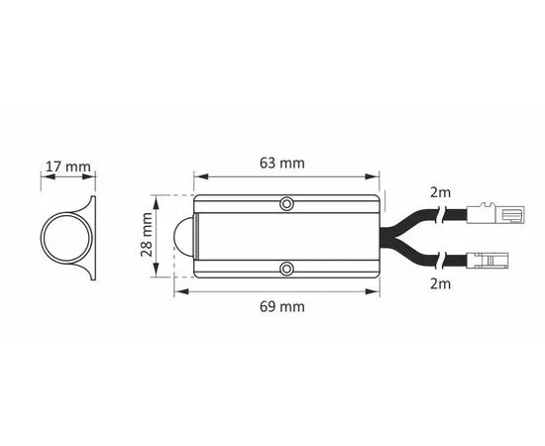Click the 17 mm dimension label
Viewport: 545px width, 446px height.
68,167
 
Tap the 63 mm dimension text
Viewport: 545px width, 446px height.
281,163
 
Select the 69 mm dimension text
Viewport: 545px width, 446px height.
281,306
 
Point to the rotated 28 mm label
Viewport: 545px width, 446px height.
147,234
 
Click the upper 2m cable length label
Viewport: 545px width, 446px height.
440,192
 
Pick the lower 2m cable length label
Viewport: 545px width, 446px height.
440,284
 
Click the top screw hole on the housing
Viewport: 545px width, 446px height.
286,204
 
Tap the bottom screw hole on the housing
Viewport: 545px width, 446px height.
286,269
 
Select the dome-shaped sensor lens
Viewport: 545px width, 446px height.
185,237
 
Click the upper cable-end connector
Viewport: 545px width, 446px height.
495,213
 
